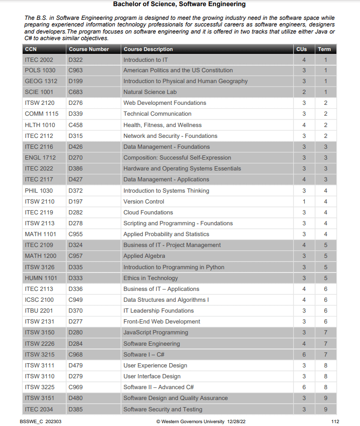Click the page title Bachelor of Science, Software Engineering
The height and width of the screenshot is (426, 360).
pyautogui.click(x=180, y=4)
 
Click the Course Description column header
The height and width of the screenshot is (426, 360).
pyautogui.click(x=148, y=49)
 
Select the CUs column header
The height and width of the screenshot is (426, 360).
pyautogui.click(x=301, y=49)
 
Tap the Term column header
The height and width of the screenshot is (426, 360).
pyautogui.click(x=324, y=49)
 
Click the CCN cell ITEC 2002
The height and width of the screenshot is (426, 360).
pyautogui.click(x=39, y=60)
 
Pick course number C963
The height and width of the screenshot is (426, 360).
pyautogui.click(x=76, y=70)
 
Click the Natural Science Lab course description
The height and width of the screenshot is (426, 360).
pyautogui.click(x=150, y=92)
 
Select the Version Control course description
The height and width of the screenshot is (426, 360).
pyautogui.click(x=144, y=202)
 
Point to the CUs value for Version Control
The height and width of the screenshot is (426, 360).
pyautogui.click(x=304, y=202)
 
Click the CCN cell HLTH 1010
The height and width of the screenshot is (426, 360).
pyautogui.click(x=40, y=125)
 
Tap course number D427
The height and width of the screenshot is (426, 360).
pyautogui.click(x=76, y=179)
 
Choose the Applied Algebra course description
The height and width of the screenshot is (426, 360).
pyautogui.click(x=144, y=256)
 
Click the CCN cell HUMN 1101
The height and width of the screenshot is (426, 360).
pyautogui.click(x=41, y=278)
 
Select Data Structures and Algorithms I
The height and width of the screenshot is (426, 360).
pyautogui.click(x=166, y=300)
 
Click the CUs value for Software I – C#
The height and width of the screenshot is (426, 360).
pyautogui.click(x=304, y=355)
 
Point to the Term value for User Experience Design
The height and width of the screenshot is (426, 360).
pyautogui.click(x=326, y=366)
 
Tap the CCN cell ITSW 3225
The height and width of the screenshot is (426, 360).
pyautogui.click(x=39, y=387)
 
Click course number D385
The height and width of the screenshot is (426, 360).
pyautogui.click(x=76, y=409)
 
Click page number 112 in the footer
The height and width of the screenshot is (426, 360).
pyautogui.click(x=335, y=421)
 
